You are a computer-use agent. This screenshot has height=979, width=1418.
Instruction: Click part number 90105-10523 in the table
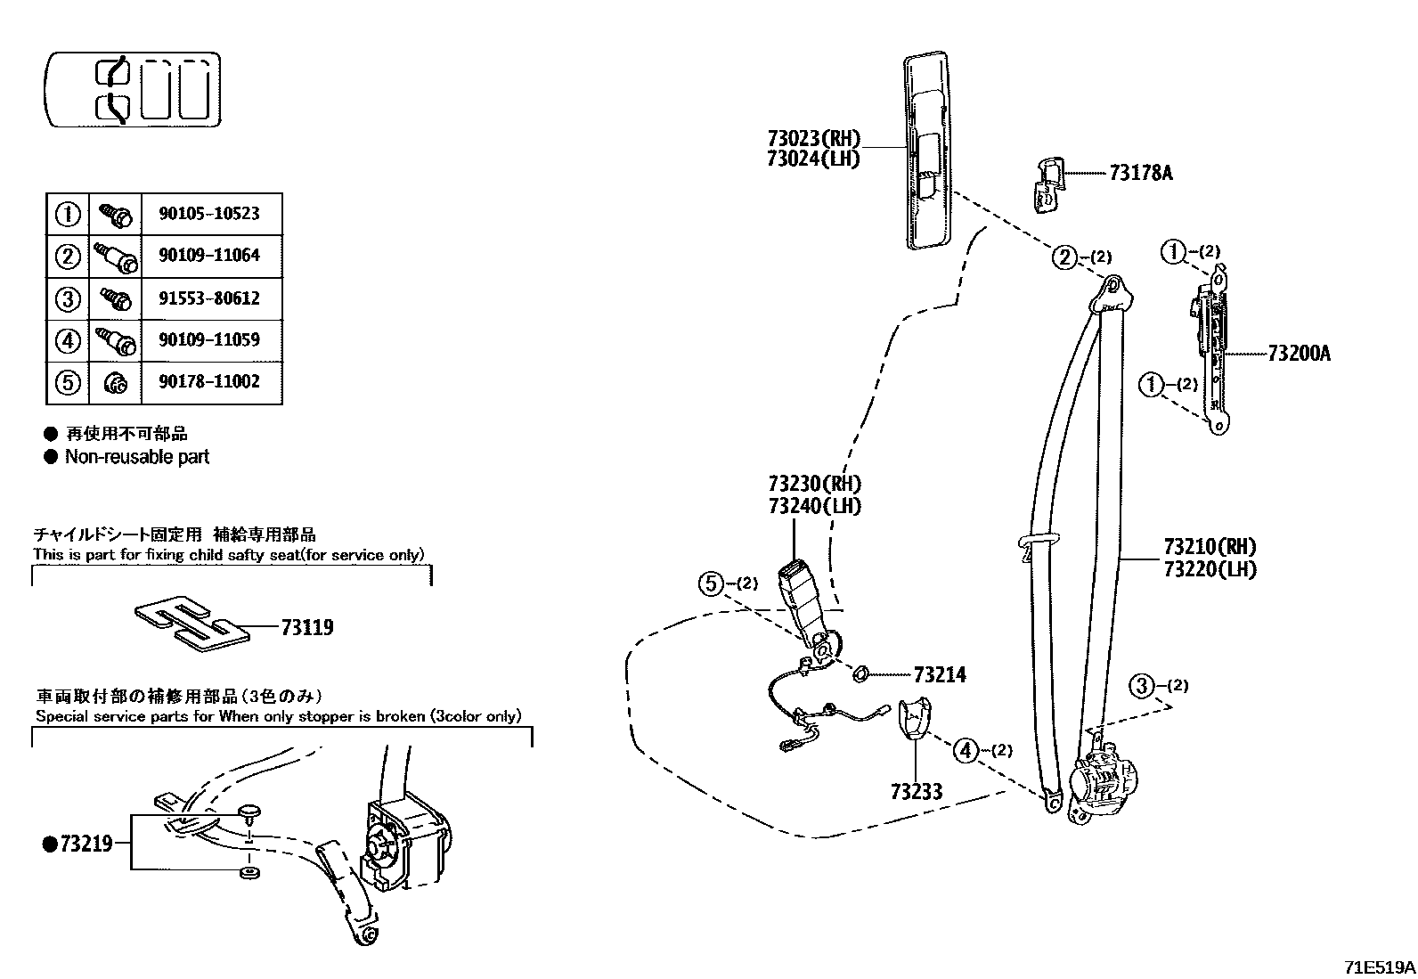coord(209,214)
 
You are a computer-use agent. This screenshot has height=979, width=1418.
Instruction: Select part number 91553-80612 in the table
coord(209,298)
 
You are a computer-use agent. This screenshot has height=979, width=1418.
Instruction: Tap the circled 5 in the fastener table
coord(68,382)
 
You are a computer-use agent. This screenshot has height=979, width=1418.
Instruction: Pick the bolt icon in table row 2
coord(115,257)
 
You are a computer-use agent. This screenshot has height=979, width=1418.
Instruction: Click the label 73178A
coord(1141,173)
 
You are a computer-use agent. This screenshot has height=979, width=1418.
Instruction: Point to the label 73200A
coord(1299,354)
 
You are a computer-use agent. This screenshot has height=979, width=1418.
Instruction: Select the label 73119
coord(306,628)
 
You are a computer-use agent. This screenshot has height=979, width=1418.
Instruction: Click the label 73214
coord(939,675)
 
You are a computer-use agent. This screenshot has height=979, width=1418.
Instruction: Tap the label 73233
coord(916,791)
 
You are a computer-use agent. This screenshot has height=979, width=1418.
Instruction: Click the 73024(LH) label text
coord(813,159)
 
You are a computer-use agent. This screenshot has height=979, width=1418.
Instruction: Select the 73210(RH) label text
coord(1210,546)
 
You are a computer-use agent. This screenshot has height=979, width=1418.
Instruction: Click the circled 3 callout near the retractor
coord(1143,686)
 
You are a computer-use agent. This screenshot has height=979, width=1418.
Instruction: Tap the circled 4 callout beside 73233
coord(966,750)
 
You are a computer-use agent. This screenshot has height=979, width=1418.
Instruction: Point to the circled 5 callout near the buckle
coord(710,584)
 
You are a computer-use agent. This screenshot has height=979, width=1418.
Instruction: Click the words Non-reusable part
coord(136,457)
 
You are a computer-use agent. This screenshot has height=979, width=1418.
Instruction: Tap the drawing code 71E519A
coord(1379,967)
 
